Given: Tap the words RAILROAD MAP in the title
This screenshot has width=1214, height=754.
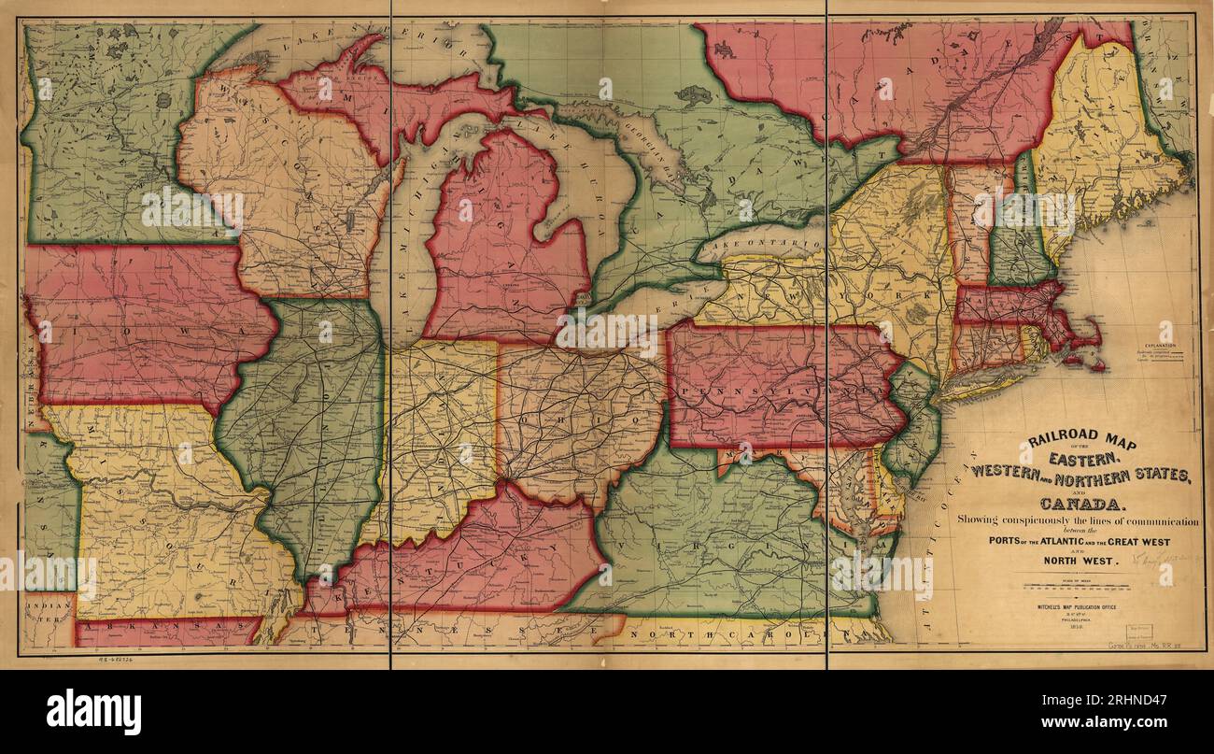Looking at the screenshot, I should [x=1082, y=442].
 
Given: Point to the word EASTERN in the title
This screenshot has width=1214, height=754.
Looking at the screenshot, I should [x=1082, y=459].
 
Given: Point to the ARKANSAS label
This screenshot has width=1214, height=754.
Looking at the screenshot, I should [x=168, y=622].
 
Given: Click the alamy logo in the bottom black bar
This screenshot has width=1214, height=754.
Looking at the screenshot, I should [x=93, y=712].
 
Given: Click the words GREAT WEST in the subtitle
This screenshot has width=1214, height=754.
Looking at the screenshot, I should [x=1136, y=542].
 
